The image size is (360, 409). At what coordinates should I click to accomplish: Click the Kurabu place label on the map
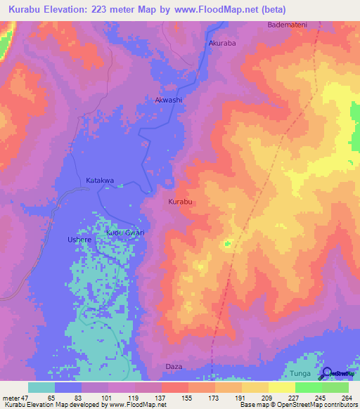tap(181, 202)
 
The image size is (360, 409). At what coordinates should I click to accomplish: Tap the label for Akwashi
tap(169, 100)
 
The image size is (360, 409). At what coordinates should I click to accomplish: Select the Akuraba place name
tap(223, 43)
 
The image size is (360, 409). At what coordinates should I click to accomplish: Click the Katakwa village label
tap(100, 181)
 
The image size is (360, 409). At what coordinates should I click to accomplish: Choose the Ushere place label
tap(79, 240)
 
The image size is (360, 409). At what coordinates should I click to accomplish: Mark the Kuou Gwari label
tap(125, 233)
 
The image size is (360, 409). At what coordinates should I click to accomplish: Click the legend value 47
tap(25, 397)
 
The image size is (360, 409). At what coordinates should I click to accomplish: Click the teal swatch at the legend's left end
tap(41, 387)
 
